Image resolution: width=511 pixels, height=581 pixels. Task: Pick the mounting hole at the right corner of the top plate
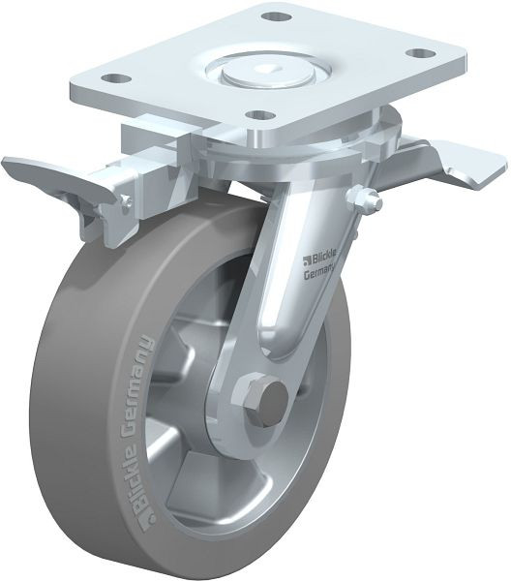(x=421, y=53)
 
